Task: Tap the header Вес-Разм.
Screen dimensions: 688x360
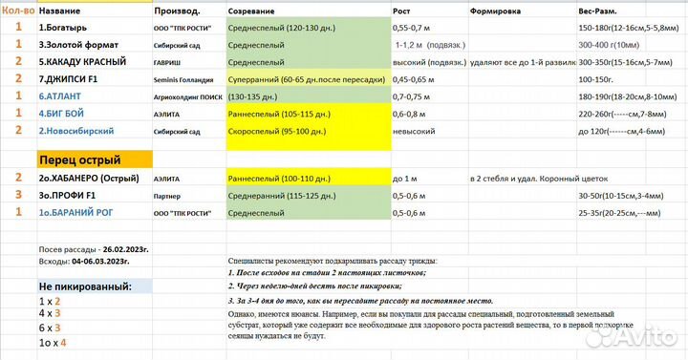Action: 598,10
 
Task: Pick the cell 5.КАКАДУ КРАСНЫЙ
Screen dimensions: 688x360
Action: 85,61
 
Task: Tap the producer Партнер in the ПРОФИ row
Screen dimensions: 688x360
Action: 167,196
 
